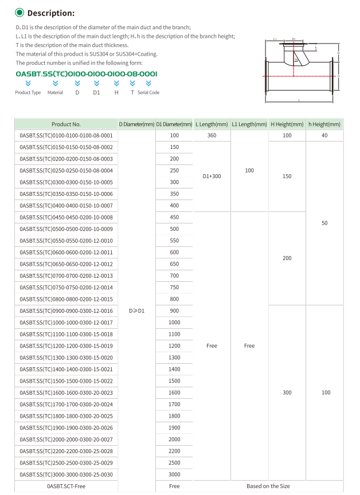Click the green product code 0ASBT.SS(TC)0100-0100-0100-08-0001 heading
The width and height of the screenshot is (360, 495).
click(86, 74)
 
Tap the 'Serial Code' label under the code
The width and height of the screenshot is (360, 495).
click(148, 93)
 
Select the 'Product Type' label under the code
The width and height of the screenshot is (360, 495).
click(28, 93)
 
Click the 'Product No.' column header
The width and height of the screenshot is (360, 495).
click(66, 124)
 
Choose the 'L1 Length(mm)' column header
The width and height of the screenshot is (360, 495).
click(249, 124)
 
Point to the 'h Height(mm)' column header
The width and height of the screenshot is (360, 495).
click(324, 124)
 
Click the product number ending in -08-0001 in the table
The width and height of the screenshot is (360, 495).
click(66, 135)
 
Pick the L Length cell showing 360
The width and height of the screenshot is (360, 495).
click(212, 135)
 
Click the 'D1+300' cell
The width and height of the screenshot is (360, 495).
click(212, 176)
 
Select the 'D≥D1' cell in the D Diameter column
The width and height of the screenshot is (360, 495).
click(136, 311)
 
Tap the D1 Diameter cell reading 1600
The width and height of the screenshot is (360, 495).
click(174, 392)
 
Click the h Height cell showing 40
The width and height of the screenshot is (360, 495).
click(324, 135)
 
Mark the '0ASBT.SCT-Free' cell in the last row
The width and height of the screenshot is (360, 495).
click(66, 486)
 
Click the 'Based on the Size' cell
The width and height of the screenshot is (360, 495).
click(268, 486)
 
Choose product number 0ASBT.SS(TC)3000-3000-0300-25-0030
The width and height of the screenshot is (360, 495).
click(66, 474)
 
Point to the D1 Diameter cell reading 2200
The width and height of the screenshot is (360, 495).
click(174, 451)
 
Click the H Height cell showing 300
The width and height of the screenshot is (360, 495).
click(287, 392)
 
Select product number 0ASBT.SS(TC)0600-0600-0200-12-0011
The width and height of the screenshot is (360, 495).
click(66, 252)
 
